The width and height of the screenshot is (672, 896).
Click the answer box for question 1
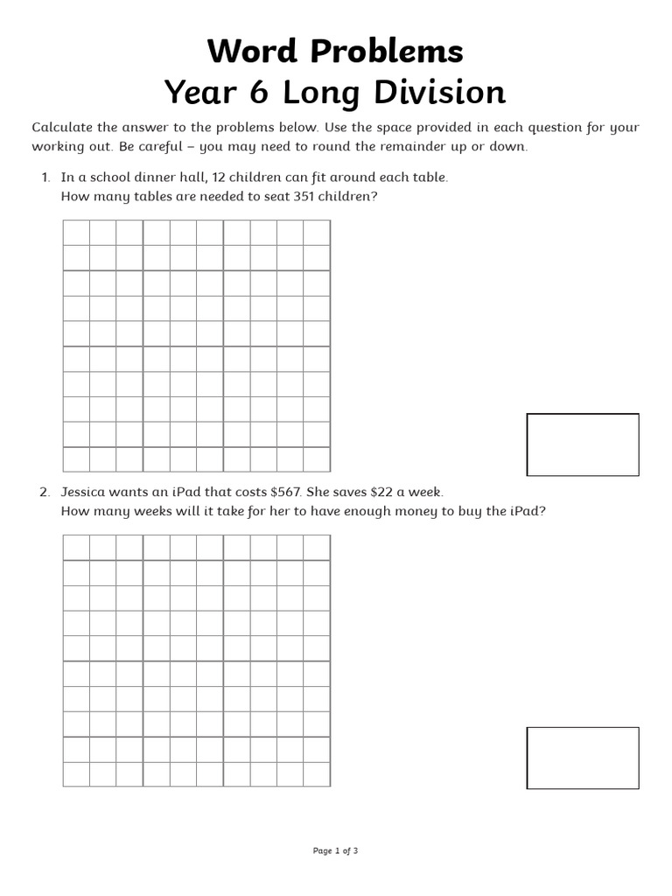pos(582,444)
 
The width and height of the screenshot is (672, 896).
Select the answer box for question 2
pos(582,758)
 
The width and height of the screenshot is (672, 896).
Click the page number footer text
pos(335,850)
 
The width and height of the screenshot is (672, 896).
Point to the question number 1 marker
pos(45,178)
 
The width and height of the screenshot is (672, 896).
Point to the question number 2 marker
pos(45,493)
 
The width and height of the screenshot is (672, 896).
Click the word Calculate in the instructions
pos(61,128)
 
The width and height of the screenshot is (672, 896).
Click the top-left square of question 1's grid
pos(76,233)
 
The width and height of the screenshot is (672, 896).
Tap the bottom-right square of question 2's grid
pos(317,773)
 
